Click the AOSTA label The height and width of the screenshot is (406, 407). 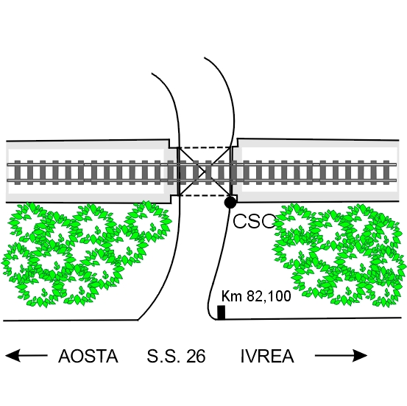pos(88,356)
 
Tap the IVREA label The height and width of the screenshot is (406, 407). pos(267,356)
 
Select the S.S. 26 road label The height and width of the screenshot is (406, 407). pos(176,356)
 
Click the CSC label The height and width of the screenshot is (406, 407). pos(254,221)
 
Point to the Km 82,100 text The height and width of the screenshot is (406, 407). pos(256,296)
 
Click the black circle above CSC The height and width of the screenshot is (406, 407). pos(230,202)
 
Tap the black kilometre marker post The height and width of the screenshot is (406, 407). pos(221,312)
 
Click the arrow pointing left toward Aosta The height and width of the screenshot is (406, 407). pos(26,356)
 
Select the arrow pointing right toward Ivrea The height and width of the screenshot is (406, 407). pos(341,356)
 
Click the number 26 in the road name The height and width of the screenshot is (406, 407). pos(196,356)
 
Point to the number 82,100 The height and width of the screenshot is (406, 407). pos(269,296)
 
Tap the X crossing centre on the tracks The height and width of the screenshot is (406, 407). pos(205,171)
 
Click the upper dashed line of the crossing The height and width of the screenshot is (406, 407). pos(205,147)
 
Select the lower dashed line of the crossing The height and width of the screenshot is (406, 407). pos(205,195)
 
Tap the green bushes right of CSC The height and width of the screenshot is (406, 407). pos(339,255)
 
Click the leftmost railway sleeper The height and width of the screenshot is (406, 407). pos(18,172)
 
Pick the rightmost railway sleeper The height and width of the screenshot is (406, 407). pos(386,172)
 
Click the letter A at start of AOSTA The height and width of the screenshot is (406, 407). pos(64,356)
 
